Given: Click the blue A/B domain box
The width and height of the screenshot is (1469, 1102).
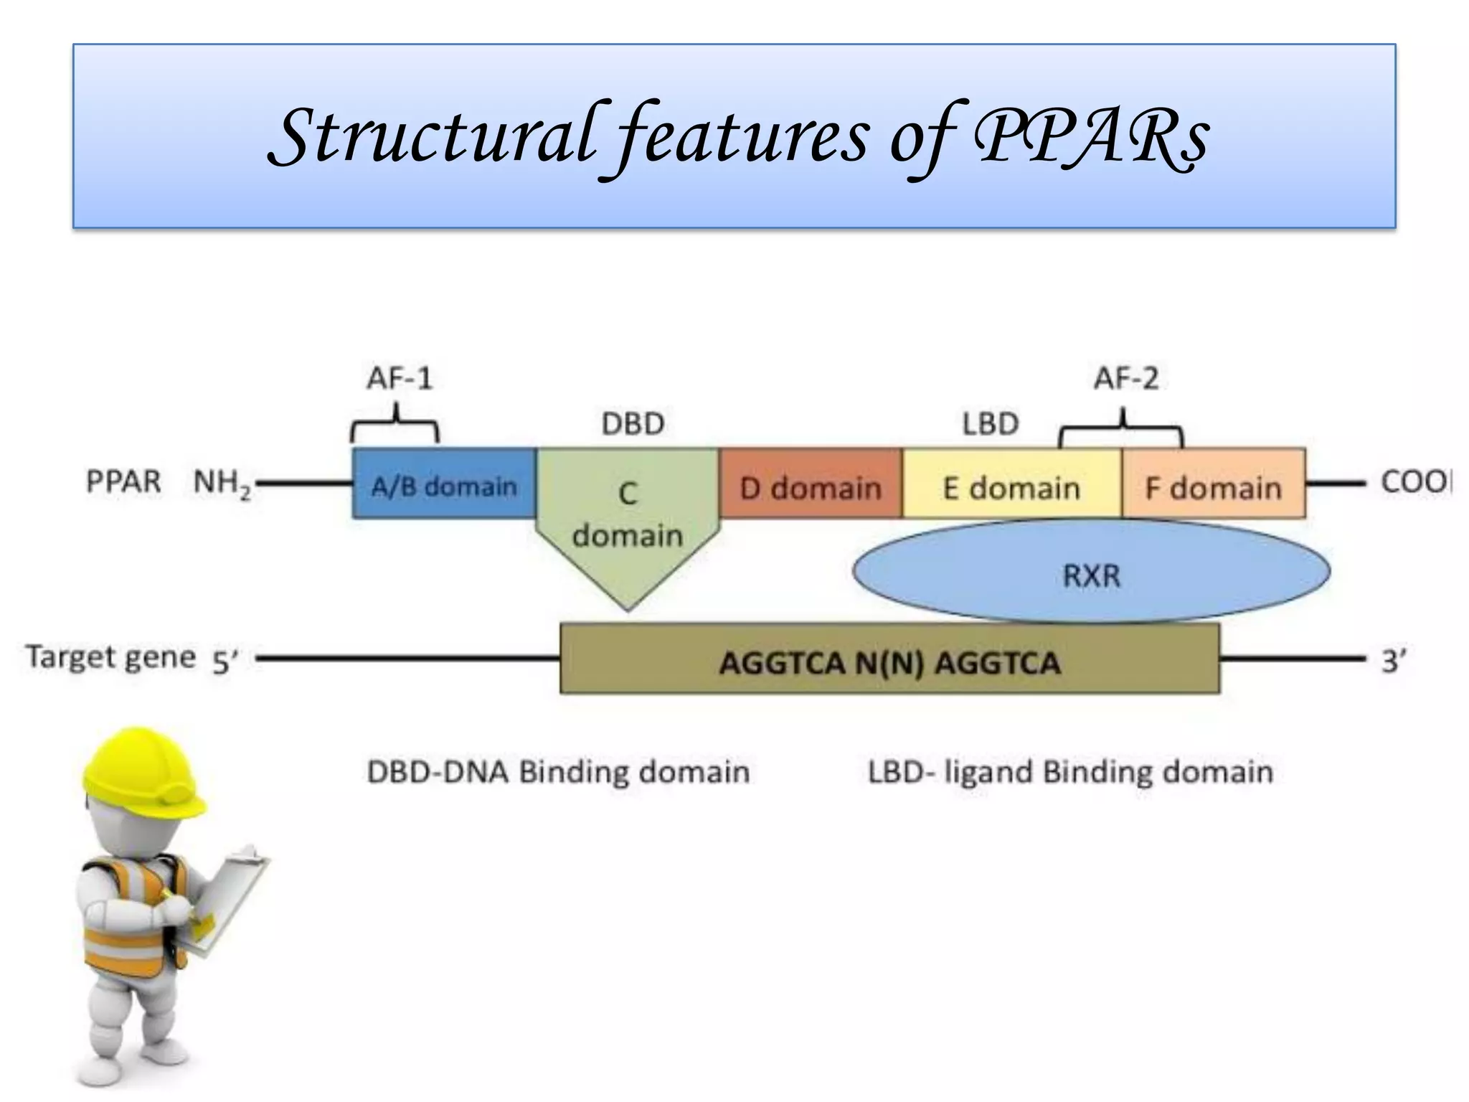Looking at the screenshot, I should click(x=444, y=484).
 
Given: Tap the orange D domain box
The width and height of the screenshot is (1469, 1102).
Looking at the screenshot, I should click(x=811, y=484).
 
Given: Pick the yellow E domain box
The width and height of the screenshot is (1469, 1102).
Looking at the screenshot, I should click(x=1011, y=484).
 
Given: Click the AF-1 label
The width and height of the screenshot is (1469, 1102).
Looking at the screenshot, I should click(x=400, y=378).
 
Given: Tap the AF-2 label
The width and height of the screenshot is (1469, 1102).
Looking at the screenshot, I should click(x=1125, y=378).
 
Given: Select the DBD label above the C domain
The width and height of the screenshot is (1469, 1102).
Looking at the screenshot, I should click(x=633, y=424).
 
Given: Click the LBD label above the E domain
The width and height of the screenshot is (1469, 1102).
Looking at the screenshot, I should click(x=990, y=424).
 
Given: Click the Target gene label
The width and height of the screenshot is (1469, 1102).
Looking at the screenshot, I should click(x=110, y=657).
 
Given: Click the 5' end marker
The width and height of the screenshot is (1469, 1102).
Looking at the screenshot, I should click(x=225, y=661).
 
